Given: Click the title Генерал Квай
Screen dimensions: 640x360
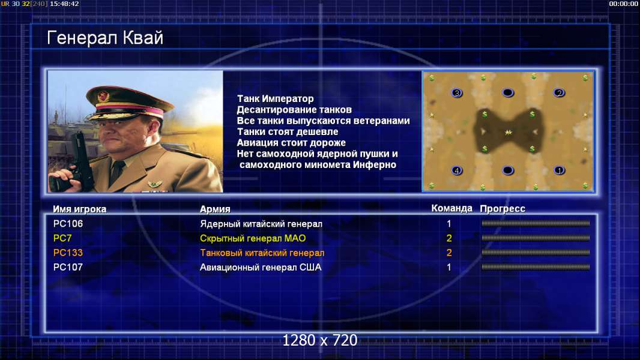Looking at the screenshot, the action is click(x=105, y=38).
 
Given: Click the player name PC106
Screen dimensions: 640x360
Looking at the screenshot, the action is click(x=68, y=224).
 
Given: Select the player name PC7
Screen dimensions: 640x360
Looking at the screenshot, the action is click(x=62, y=238).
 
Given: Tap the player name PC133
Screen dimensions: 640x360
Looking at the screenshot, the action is click(x=68, y=253).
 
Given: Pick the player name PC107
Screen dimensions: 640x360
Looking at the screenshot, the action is click(x=68, y=268).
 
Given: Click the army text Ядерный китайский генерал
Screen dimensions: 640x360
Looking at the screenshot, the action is click(x=261, y=224).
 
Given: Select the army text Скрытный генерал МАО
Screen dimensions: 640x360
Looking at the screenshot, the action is click(x=253, y=239).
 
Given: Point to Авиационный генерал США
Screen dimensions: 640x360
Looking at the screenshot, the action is click(x=261, y=268).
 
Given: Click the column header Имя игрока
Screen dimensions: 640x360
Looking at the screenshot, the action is click(x=80, y=209).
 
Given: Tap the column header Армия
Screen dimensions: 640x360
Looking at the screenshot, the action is click(x=215, y=209).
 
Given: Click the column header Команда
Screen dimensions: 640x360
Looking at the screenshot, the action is click(x=452, y=208).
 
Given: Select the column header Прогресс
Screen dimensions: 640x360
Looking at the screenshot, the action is click(x=503, y=209).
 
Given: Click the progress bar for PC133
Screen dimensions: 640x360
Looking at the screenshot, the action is click(x=536, y=253).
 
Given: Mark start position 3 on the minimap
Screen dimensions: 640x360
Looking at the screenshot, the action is click(x=457, y=93).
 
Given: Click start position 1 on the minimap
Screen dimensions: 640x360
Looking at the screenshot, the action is click(x=559, y=170).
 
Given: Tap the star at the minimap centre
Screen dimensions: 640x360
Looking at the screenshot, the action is click(x=508, y=132).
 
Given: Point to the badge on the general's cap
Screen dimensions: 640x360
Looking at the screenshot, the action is click(x=103, y=96).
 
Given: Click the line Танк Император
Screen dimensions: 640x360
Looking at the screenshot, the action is click(x=276, y=98).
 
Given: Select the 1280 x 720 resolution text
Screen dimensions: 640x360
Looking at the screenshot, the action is click(x=320, y=340).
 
